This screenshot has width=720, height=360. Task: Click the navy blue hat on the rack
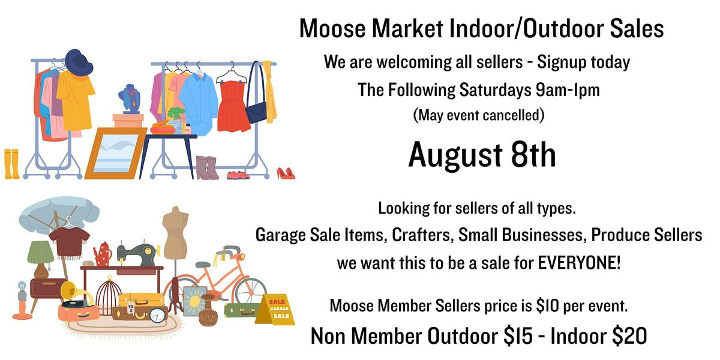pos(79,62)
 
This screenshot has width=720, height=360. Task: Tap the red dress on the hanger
pos(233,106)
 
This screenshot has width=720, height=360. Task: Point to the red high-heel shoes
pos(286,173)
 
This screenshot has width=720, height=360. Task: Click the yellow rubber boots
pos(11,164)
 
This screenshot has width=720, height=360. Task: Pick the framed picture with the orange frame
pos(116,153)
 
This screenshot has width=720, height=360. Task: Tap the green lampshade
pos(41,252)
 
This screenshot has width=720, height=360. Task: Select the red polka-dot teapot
pos(103,254)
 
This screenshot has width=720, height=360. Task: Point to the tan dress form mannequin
pos(175,233)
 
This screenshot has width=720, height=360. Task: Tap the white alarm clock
pos(157,316)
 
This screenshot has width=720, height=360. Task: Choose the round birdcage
pos(109,296)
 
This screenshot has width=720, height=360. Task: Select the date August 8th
pos(482,155)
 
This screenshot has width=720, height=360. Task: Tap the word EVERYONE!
pos(579,263)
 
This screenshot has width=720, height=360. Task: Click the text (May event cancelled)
pos(479,115)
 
